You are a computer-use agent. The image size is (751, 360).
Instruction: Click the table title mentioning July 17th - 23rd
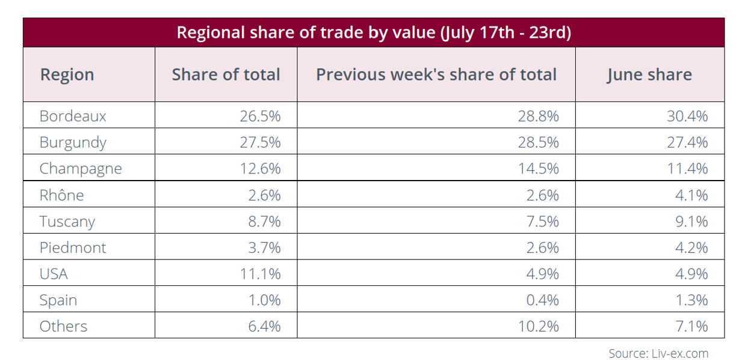[x=374, y=33]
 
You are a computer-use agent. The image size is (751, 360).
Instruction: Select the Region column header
[x=67, y=75]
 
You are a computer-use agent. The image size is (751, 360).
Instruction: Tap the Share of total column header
[x=226, y=74]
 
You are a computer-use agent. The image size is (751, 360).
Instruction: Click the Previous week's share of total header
[x=436, y=74]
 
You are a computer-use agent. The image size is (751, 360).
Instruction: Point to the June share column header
[x=649, y=75]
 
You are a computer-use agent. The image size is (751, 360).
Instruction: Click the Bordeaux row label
[x=73, y=116]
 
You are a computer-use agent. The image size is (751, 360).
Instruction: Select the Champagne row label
[x=81, y=169]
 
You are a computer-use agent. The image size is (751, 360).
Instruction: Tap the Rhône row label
[x=62, y=195]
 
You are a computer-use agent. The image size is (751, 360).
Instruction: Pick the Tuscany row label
[x=67, y=222]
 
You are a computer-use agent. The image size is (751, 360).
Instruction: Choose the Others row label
[x=63, y=326]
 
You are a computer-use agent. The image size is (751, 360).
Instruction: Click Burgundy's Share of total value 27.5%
[x=260, y=142]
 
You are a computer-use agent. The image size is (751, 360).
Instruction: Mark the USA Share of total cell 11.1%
[x=260, y=274]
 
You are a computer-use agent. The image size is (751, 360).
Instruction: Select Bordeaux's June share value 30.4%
[x=687, y=116]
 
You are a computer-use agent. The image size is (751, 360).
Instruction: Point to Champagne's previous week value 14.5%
[x=539, y=169]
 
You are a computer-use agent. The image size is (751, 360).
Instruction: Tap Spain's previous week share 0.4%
[x=542, y=300]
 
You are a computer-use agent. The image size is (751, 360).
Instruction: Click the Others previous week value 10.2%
[x=539, y=326]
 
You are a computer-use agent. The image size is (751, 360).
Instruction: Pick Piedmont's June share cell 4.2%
[x=691, y=247]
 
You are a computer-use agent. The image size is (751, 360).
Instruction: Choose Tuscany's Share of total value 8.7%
[x=264, y=222]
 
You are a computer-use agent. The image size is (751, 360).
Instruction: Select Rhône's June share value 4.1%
[x=691, y=195]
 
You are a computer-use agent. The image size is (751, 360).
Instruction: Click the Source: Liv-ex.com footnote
[x=658, y=353]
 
